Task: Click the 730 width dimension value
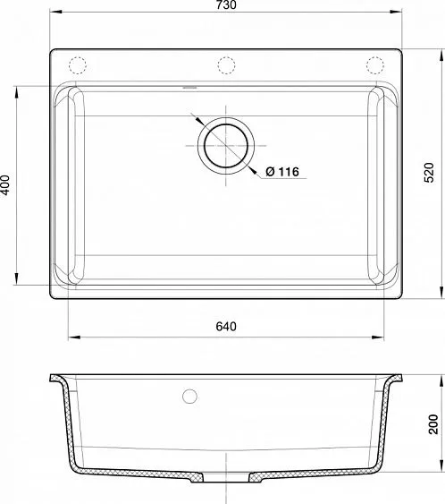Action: tap(226, 4)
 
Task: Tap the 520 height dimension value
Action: tap(429, 173)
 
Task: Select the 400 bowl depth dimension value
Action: tap(5, 184)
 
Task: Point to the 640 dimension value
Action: tap(226, 326)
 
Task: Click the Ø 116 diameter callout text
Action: tap(282, 172)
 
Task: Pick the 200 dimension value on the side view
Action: tap(433, 424)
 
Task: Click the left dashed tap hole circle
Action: tap(78, 65)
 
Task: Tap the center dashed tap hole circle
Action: tap(226, 65)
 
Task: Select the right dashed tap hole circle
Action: tap(375, 65)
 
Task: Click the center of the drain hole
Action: tap(226, 146)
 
